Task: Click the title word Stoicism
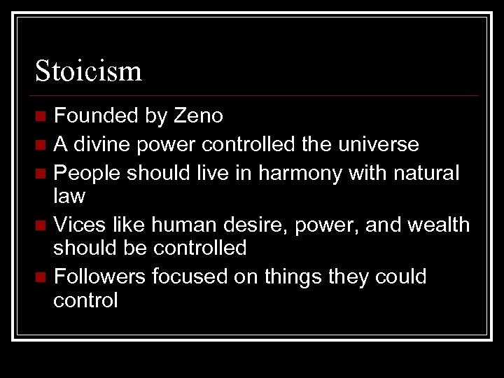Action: coord(89,70)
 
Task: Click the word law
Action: coord(69,197)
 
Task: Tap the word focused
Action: coord(191,276)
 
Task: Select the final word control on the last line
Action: coord(86,301)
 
